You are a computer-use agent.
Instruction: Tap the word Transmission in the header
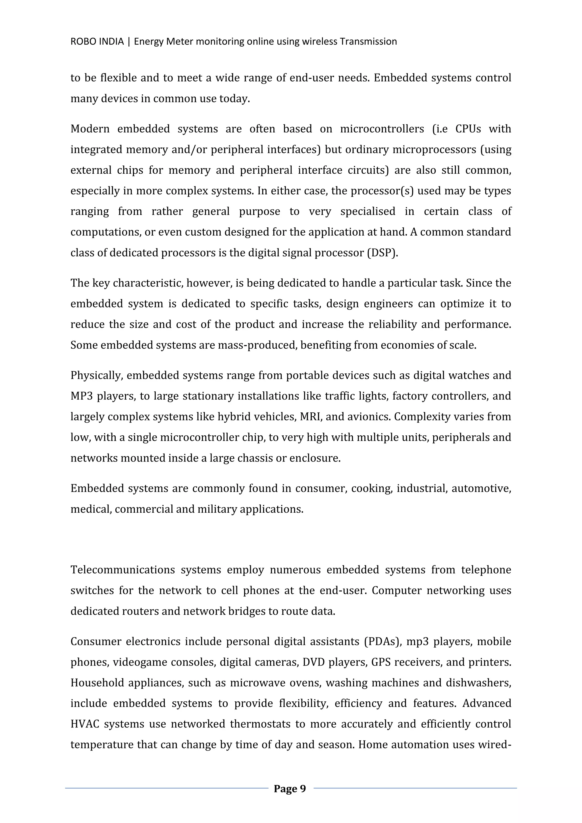pyautogui.click(x=368, y=41)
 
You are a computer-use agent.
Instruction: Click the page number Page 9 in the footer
pyautogui.click(x=290, y=789)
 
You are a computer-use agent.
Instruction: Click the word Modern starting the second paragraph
pyautogui.click(x=90, y=129)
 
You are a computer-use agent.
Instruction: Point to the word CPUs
pyautogui.click(x=468, y=129)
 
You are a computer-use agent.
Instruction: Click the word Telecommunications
pyautogui.click(x=122, y=570)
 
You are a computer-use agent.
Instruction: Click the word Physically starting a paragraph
pyautogui.click(x=97, y=376)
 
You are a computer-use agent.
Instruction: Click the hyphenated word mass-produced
pyautogui.click(x=257, y=345)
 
